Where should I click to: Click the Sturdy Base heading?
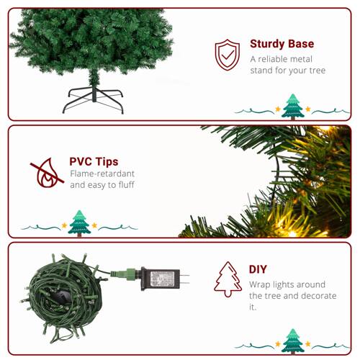pyautogui.click(x=282, y=44)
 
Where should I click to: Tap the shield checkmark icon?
pyautogui.click(x=228, y=54)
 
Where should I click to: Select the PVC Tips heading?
pyautogui.click(x=94, y=161)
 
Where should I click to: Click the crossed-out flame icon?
pyautogui.click(x=46, y=172)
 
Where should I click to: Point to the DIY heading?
pyautogui.click(x=258, y=269)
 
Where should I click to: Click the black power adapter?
pyautogui.click(x=161, y=276)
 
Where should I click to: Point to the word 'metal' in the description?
pyautogui.click(x=302, y=58)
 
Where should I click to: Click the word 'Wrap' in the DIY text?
pyautogui.click(x=262, y=284)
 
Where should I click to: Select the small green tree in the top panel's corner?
pyautogui.click(x=292, y=106)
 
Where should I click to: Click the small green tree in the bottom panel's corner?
pyautogui.click(x=292, y=341)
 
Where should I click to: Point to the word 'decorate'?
pyautogui.click(x=315, y=296)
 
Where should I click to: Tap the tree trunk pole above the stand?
pyautogui.click(x=91, y=77)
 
